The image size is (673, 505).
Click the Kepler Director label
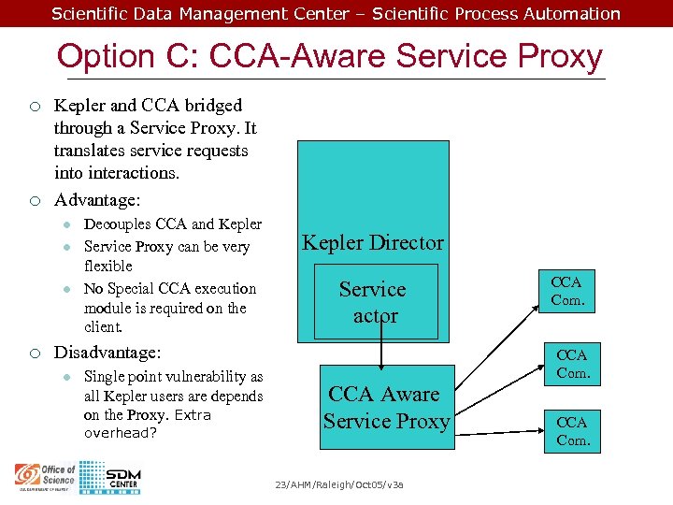coord(373,243)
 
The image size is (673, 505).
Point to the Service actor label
coord(373,302)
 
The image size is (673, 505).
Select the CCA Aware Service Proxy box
coord(386,409)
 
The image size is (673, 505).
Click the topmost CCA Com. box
coord(566,291)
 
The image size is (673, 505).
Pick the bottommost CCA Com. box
coord(572,431)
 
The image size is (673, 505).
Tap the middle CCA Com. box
coord(572,364)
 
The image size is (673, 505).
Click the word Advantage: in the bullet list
coord(98,200)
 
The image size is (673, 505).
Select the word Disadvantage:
coord(107,353)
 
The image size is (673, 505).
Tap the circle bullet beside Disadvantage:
coord(34,353)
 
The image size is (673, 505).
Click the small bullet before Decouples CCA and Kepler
coord(66,225)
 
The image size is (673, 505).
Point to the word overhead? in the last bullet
coord(121,433)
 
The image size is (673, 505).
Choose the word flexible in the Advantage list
coord(108,266)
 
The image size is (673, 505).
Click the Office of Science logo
coord(45,477)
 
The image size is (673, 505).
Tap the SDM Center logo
coord(110,477)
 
